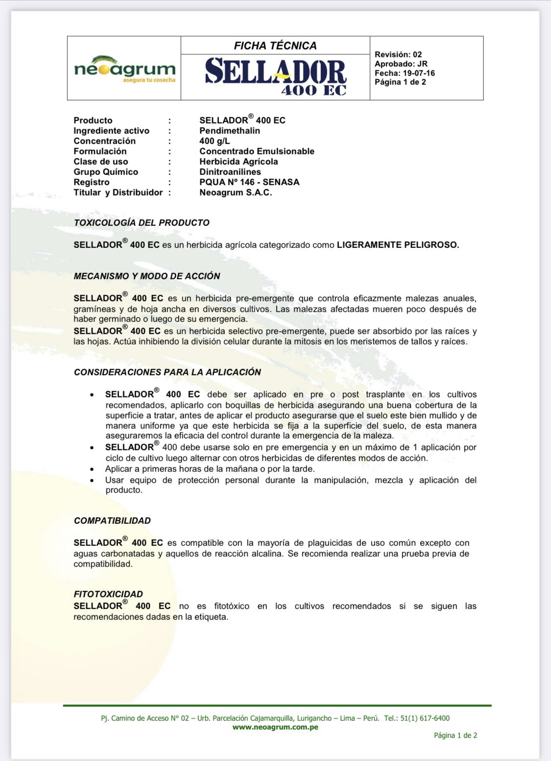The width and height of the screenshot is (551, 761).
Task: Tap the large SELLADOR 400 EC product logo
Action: pos(276,76)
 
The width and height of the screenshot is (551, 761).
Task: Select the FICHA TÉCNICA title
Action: pos(275,46)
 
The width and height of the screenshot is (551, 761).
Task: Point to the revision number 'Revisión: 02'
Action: pos(398,54)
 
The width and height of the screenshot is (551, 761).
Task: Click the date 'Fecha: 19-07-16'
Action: pos(405,73)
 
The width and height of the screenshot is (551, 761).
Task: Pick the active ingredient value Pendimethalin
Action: pos(230,131)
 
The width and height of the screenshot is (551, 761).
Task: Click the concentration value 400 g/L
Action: pos(215,141)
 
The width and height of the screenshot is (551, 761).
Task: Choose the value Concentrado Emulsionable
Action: pos(257,151)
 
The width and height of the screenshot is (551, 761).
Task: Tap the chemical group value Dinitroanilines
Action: pos(230,172)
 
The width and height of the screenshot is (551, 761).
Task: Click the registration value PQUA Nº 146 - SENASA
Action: pos(249,182)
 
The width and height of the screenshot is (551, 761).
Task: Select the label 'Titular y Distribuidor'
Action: pos(118,193)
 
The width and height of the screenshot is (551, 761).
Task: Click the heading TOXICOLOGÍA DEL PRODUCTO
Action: pos(142,222)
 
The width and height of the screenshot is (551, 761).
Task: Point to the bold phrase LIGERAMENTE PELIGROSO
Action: pos(398,245)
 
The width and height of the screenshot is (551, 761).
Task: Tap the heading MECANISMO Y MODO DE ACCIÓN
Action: pos(147,276)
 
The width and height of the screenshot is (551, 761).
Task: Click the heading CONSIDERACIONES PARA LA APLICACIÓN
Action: pos(168,372)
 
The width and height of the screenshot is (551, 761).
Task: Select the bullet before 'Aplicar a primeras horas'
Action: pos(92,469)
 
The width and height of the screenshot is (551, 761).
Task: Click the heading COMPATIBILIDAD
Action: pos(112,520)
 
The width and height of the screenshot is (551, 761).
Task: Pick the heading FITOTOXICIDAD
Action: pos(108,594)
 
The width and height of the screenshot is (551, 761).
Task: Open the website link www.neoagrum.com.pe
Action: pos(275,727)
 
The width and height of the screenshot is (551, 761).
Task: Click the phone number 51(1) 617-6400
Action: pos(425,718)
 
